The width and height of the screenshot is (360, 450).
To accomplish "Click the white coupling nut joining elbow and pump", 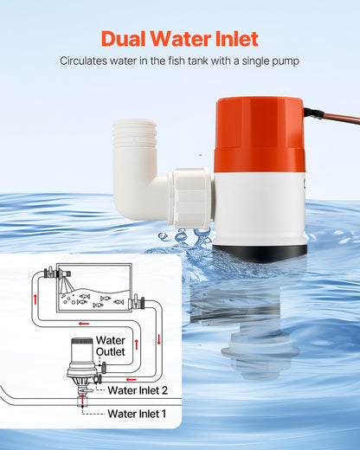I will click(191, 198).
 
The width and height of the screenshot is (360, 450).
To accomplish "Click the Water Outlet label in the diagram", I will click(110, 346).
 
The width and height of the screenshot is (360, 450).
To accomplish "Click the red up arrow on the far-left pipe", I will click(36, 299).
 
